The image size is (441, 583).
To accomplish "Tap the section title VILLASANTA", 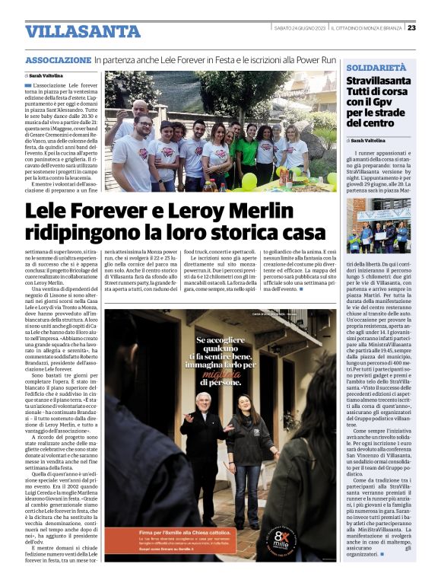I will (x=71, y=31).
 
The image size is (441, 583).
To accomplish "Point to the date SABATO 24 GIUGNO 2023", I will (x=300, y=28).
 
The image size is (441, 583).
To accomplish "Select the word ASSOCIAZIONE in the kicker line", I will (x=58, y=60).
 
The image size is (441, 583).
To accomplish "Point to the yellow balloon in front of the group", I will (x=249, y=181).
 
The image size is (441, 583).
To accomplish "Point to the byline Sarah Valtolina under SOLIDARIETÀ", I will (x=372, y=141).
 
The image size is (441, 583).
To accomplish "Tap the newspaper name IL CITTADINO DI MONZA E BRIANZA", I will (x=366, y=28).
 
